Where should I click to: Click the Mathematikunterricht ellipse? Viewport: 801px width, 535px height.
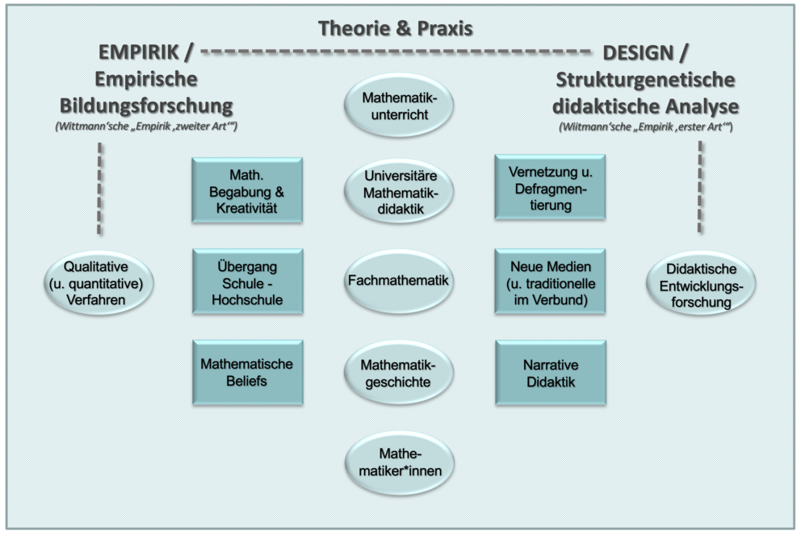(399, 106)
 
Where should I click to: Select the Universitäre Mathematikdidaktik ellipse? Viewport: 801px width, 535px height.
(399, 192)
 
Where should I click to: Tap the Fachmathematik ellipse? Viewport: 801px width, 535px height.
(399, 282)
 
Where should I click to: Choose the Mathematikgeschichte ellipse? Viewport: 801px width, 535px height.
(399, 373)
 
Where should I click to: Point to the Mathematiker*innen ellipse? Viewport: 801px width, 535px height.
(400, 463)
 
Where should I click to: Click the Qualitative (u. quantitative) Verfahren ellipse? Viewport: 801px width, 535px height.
(99, 282)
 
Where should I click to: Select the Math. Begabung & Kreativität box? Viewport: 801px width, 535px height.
(247, 190)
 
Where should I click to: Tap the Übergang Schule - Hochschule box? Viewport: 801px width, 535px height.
(248, 282)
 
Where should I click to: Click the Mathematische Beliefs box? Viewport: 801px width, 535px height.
(248, 373)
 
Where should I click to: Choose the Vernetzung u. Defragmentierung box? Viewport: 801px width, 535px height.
(550, 187)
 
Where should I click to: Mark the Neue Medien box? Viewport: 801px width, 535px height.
(550, 282)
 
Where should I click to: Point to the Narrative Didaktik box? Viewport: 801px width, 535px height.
(551, 373)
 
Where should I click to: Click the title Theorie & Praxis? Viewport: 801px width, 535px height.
(396, 28)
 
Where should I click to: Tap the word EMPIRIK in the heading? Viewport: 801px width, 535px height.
(139, 52)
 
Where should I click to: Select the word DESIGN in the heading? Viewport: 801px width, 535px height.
(639, 53)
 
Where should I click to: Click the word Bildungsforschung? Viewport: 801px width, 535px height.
(147, 106)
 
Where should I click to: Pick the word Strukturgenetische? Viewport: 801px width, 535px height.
(646, 80)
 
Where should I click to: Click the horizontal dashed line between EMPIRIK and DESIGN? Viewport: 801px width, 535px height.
(396, 52)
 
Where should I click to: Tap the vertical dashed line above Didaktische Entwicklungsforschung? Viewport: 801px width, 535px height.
(700, 187)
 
